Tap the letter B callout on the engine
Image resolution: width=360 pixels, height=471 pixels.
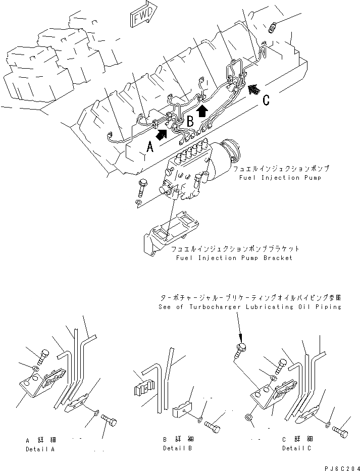tap(190, 121)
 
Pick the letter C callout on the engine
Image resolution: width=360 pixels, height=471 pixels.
tap(266, 101)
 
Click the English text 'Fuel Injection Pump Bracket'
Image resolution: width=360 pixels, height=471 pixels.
tap(234, 258)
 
